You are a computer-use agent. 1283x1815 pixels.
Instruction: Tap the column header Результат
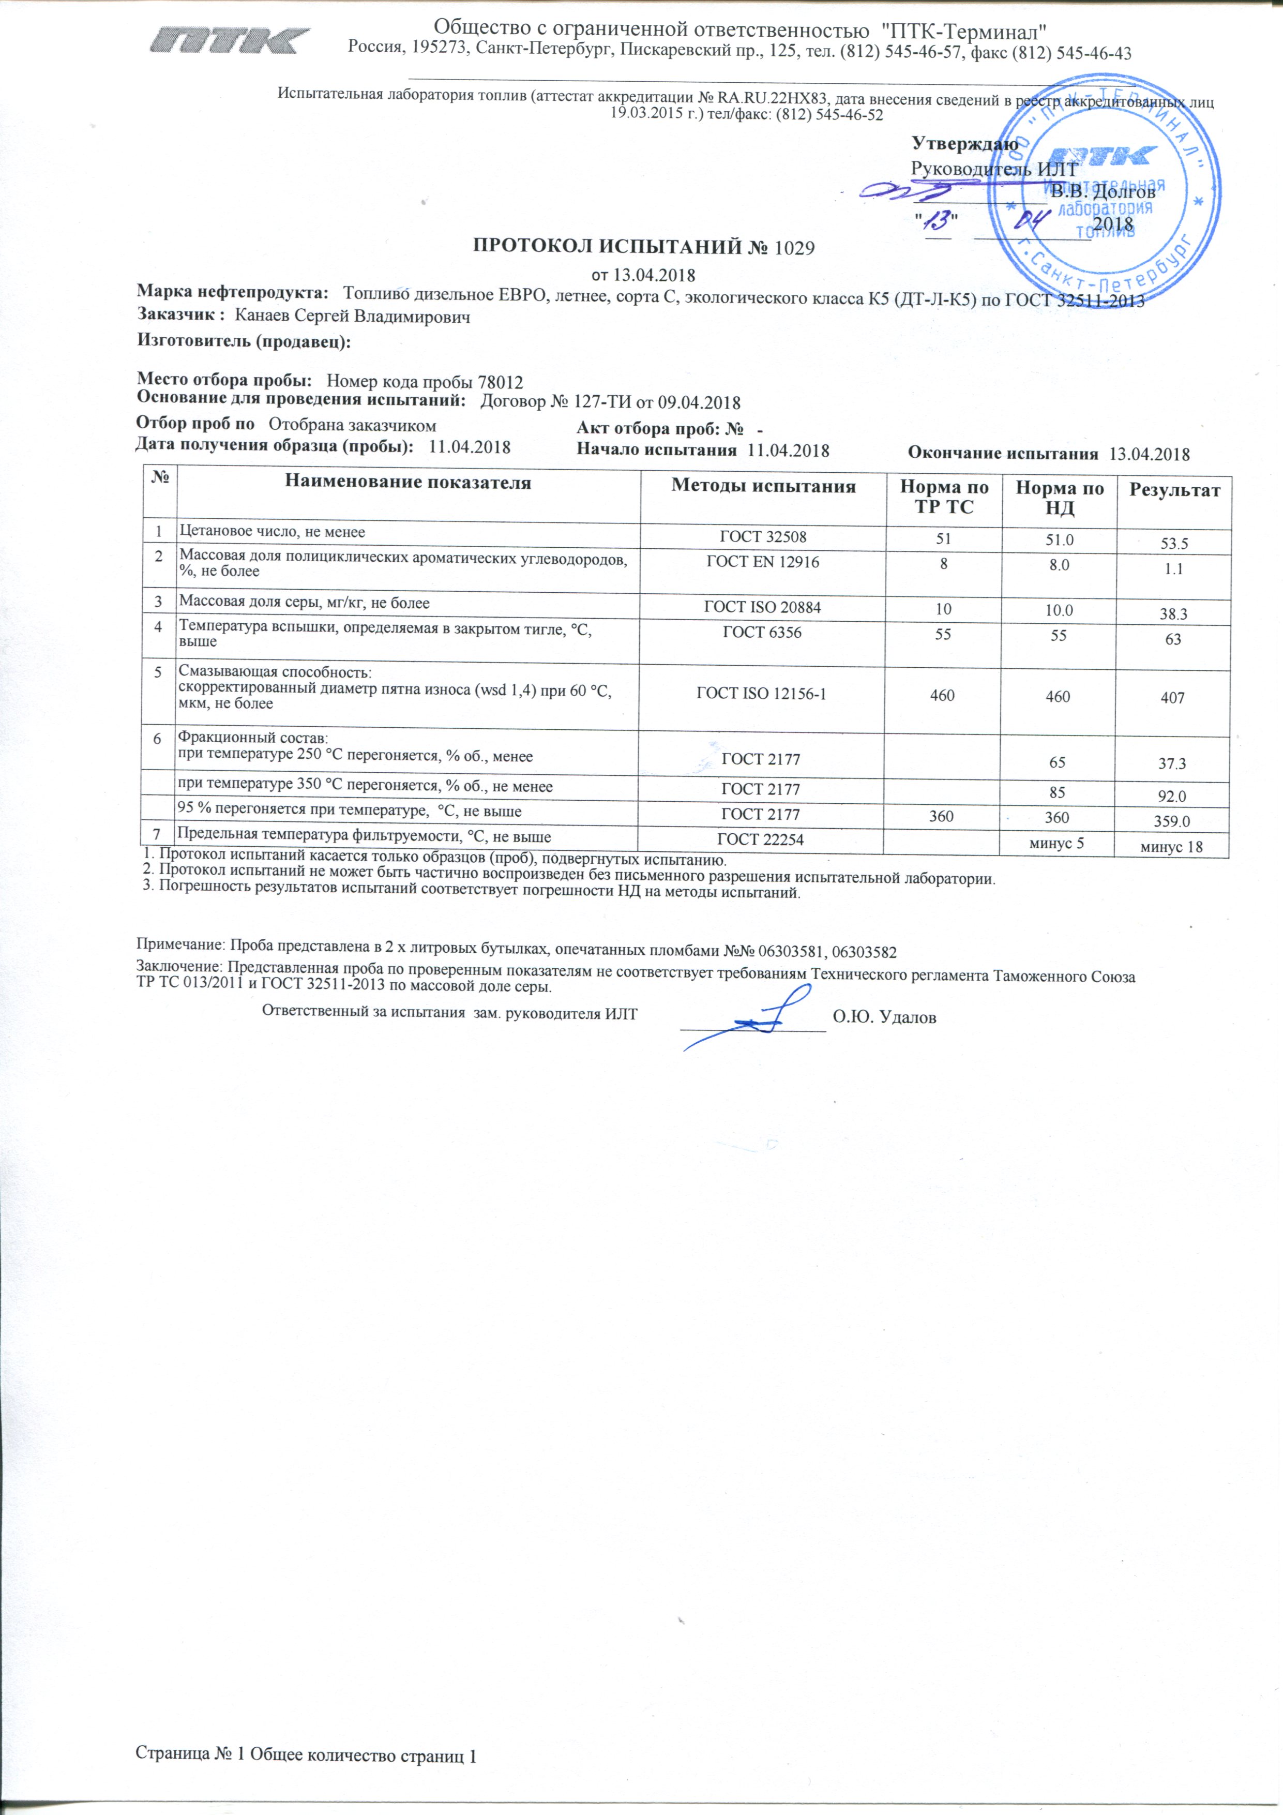click(x=1174, y=490)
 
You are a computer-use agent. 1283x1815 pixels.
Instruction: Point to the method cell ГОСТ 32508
click(x=762, y=537)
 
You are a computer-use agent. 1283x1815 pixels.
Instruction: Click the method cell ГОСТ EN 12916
click(x=762, y=562)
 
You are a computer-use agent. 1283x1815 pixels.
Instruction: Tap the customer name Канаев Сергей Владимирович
click(x=353, y=317)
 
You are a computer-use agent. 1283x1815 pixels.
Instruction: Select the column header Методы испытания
click(x=763, y=486)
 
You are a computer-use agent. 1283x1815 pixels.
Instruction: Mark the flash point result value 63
click(x=1173, y=639)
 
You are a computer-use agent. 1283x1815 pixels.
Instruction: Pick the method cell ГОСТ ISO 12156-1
click(x=761, y=694)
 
